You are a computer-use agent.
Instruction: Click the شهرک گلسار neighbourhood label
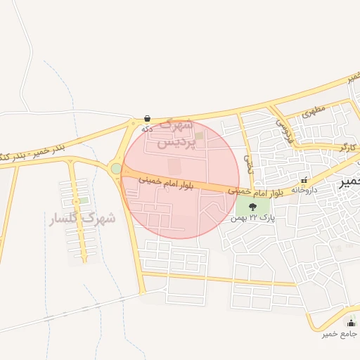(x=82, y=219)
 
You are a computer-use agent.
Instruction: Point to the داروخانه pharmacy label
(x=304, y=190)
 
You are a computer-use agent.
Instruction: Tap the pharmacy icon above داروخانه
(x=304, y=180)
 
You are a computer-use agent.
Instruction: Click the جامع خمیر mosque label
(x=340, y=333)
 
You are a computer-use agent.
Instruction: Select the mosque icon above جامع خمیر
(x=349, y=323)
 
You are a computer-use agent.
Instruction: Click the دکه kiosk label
(x=147, y=129)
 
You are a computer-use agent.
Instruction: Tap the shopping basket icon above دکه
(x=147, y=118)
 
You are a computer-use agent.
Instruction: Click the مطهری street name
(x=314, y=110)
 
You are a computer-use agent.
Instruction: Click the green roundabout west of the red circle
(x=116, y=168)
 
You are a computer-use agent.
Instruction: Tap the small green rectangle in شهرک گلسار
(x=84, y=201)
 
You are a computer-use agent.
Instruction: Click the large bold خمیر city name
(x=349, y=181)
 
